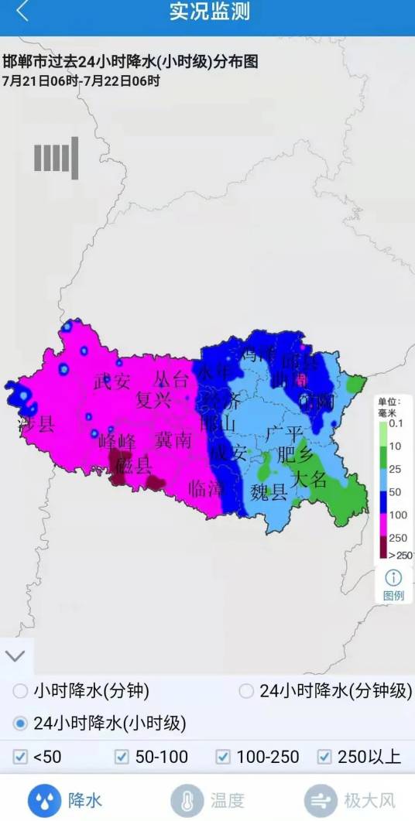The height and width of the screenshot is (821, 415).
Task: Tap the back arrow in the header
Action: [x=22, y=12]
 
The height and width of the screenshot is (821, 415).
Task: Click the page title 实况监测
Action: [x=210, y=12]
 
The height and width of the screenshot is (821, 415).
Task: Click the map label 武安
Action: [x=112, y=381]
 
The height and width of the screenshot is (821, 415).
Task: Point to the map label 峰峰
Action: [x=118, y=442]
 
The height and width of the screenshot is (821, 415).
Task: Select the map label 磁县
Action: [x=133, y=465]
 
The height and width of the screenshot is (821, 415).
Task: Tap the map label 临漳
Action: [x=206, y=488]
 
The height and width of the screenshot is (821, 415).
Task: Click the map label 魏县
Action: [x=269, y=492]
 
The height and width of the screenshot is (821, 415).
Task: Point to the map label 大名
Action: [x=308, y=479]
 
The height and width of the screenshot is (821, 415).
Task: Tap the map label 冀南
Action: [x=173, y=440]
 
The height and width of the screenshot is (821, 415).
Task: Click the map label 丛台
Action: [x=171, y=379]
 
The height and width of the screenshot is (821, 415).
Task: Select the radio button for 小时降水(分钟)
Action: [x=20, y=691]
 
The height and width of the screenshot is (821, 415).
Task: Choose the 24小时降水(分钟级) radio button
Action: [x=246, y=691]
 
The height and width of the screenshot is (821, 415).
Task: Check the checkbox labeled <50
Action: [x=20, y=757]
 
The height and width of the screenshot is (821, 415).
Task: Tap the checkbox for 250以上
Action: [x=324, y=757]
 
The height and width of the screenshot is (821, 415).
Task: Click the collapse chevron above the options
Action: [x=15, y=656]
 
